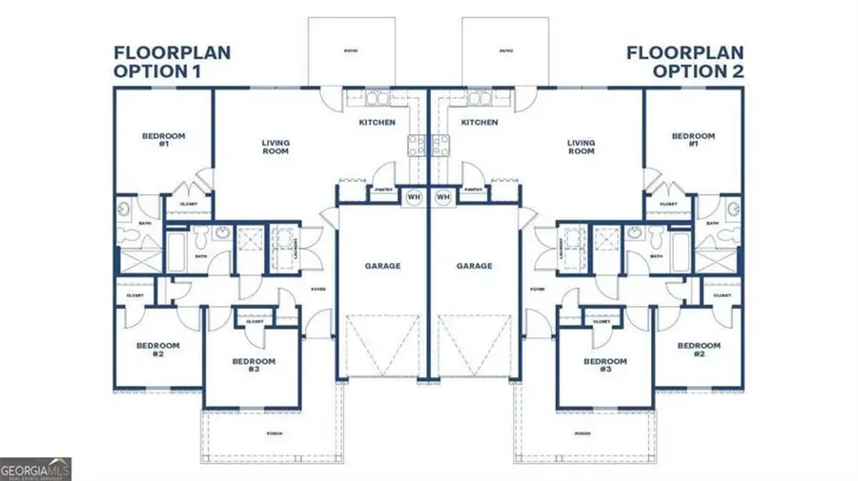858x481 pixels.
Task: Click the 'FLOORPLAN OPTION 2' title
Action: [684, 61]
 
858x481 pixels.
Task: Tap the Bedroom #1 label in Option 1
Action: [163, 140]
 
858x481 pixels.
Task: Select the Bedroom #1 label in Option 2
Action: [693, 140]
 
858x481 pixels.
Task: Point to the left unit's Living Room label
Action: [276, 148]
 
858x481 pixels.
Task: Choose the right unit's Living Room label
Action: [581, 148]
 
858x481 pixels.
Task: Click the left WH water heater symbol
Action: [414, 197]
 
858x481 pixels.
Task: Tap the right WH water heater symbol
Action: [442, 197]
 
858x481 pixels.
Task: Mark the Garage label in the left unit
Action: [382, 266]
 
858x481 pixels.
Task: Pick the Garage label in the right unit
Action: [474, 266]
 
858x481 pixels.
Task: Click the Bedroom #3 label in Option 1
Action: [254, 365]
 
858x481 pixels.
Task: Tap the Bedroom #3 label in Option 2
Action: [604, 365]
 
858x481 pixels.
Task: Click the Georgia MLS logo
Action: [35, 469]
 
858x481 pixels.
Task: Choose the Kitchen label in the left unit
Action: [377, 123]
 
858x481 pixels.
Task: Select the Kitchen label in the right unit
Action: [479, 123]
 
